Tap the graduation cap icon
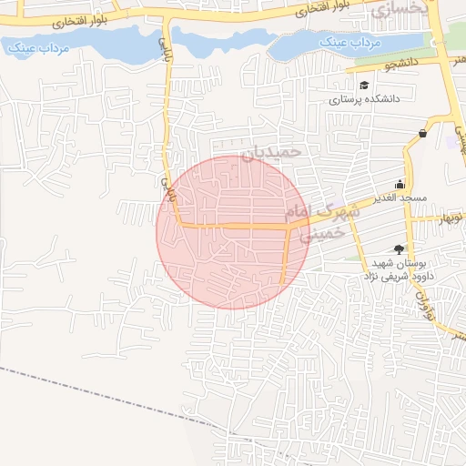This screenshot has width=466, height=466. pyautogui.click(x=364, y=86)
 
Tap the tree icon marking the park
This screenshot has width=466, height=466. pyautogui.click(x=399, y=248)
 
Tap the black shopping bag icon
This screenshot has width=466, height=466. pyautogui.click(x=423, y=134)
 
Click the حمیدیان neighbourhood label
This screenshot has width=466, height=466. pyautogui.click(x=270, y=152)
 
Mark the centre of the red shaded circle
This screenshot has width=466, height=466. pyautogui.click(x=233, y=232)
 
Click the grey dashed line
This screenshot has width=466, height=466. pyautogui.click(x=91, y=391)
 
